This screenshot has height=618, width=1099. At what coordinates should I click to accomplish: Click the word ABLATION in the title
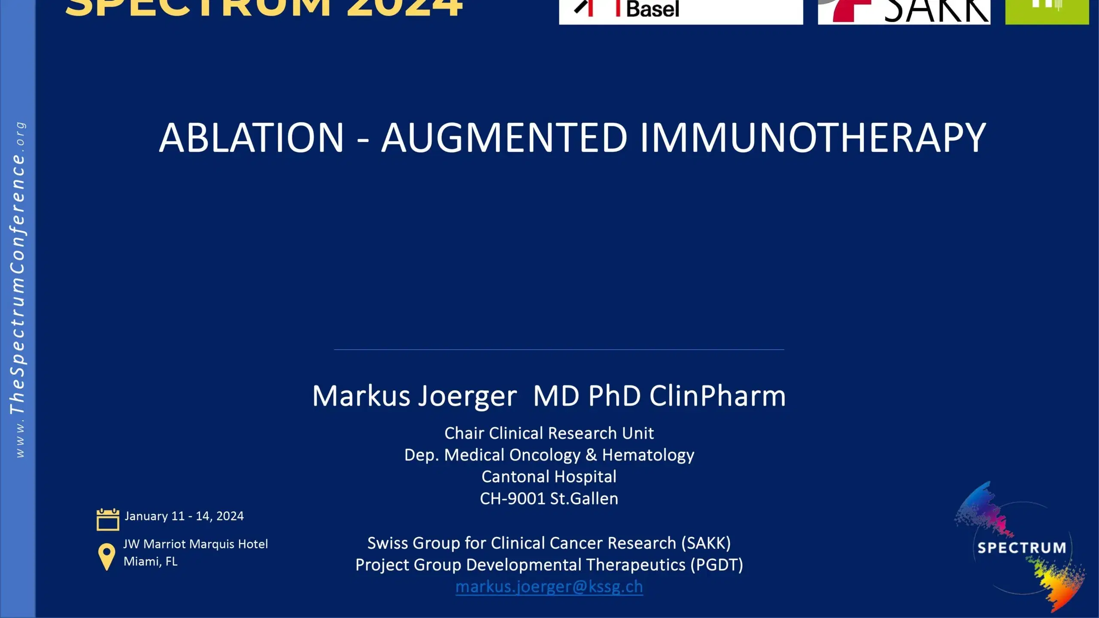[x=252, y=138]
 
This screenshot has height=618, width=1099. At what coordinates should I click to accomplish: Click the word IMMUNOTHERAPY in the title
[x=813, y=138]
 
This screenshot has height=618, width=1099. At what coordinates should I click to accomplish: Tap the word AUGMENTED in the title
[x=504, y=138]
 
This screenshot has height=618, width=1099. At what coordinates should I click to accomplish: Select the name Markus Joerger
[x=414, y=396]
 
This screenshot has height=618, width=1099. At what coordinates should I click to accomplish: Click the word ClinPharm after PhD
[x=717, y=396]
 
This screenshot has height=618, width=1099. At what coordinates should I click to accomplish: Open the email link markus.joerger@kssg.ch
[x=549, y=587]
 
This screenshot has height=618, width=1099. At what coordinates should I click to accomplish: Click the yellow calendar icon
[x=108, y=519]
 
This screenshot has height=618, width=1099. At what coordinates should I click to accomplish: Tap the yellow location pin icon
[x=106, y=556]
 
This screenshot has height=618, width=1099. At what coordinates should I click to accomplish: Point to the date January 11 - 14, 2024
[x=184, y=516]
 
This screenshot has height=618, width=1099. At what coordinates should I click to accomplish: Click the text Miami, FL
[x=150, y=561]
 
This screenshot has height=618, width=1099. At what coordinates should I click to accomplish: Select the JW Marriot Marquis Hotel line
[x=195, y=544]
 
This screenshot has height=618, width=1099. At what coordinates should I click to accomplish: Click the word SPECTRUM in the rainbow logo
[x=1021, y=548]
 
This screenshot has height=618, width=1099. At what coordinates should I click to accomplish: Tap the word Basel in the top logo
[x=653, y=9]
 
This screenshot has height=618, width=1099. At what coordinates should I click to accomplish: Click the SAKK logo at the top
[x=904, y=11]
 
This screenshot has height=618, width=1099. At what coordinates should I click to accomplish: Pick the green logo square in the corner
[x=1047, y=11]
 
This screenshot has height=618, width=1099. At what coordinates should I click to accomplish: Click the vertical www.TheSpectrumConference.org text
[x=18, y=290]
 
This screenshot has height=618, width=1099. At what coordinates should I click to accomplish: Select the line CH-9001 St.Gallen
[x=549, y=499]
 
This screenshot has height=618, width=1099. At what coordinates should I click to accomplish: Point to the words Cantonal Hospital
[x=549, y=477]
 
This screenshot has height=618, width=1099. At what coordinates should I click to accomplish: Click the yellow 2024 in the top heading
[x=404, y=8]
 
